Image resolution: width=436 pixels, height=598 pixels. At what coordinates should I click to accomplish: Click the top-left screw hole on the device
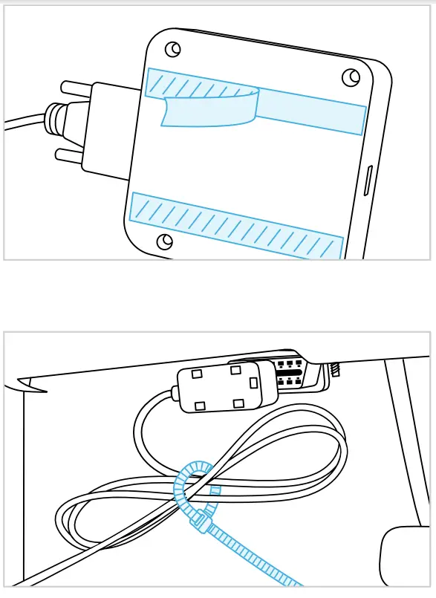click(172, 48)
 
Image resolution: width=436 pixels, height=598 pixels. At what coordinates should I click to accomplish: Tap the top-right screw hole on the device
click(349, 77)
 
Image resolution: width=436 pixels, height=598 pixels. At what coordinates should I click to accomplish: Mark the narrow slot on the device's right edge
click(369, 183)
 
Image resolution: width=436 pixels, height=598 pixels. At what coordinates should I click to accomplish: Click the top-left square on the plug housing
click(198, 374)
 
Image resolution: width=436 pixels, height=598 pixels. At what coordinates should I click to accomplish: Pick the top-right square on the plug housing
click(235, 370)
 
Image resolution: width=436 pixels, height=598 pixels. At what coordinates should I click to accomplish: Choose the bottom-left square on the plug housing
click(200, 406)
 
